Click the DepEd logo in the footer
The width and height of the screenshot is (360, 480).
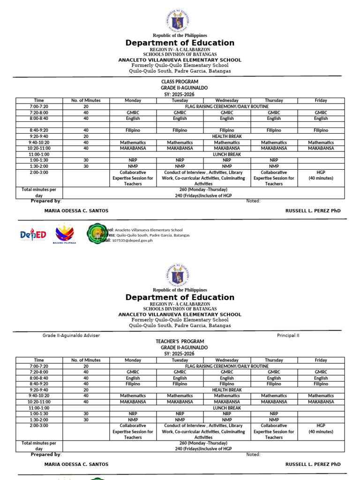coord(33,234)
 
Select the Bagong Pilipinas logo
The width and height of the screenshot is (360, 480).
coord(65,233)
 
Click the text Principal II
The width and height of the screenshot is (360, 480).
coord(288,336)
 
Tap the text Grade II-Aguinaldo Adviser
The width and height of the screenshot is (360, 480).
coord(71,336)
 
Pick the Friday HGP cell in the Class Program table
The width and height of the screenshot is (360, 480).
coord(321,175)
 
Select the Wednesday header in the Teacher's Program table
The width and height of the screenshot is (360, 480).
coord(227,360)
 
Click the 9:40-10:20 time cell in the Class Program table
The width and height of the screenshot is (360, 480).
coord(39,142)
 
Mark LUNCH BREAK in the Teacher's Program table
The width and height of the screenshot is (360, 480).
coord(227,408)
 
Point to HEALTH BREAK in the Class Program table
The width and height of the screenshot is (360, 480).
coord(227,136)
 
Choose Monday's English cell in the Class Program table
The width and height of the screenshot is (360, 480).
coord(133,119)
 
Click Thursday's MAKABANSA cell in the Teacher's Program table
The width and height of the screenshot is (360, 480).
coord(274,402)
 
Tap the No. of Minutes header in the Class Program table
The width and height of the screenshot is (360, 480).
coord(86,100)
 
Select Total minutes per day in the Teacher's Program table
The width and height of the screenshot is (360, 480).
coord(39,446)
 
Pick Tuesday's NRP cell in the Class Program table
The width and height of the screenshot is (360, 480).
coord(180,160)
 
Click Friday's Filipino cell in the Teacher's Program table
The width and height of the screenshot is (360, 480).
coord(321,384)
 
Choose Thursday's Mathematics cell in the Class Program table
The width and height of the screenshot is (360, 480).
coord(274,142)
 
